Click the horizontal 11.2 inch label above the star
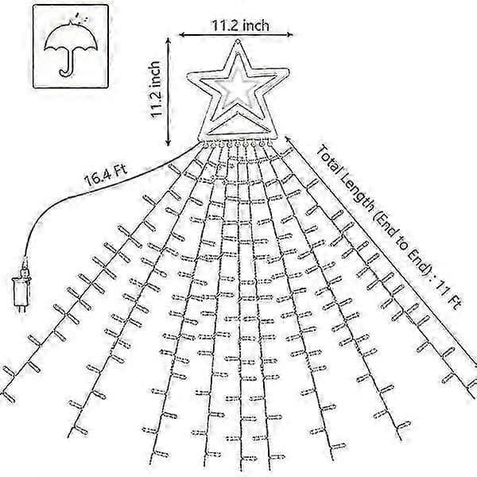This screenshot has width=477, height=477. click(x=240, y=25)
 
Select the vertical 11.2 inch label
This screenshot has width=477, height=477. click(x=155, y=89)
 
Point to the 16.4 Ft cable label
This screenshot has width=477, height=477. click(x=106, y=175)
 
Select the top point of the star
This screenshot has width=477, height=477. click(x=238, y=41)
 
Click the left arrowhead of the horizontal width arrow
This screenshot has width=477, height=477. click(x=181, y=35)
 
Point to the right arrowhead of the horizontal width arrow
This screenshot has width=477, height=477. click(x=290, y=34)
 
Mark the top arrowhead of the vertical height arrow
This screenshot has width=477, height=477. click(x=168, y=41)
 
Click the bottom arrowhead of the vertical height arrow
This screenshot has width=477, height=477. click(x=169, y=143)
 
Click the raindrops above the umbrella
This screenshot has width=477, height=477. click(x=82, y=17)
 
